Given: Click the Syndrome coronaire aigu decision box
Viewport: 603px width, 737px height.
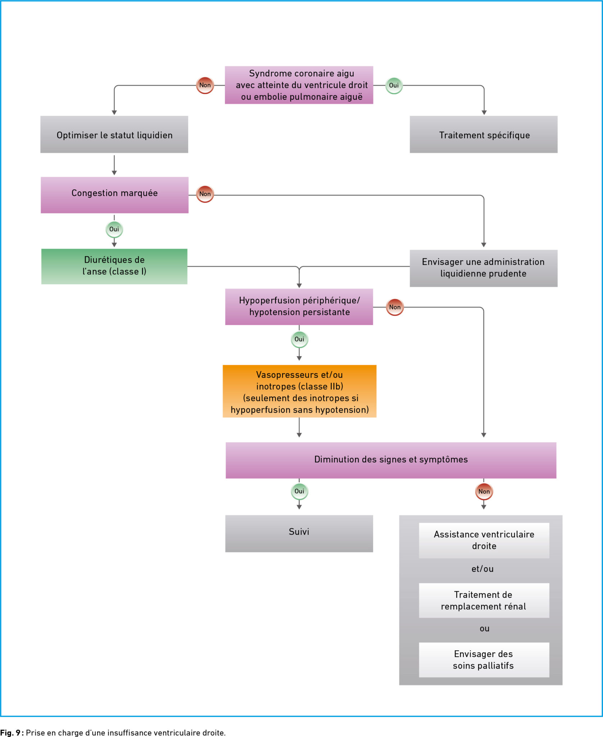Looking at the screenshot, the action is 299,85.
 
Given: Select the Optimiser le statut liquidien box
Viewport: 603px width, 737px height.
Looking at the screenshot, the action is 114,135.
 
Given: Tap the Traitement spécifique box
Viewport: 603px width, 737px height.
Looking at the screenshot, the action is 484,135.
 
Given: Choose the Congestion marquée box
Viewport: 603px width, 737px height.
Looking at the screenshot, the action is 114,195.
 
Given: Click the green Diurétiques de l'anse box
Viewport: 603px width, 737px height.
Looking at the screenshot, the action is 114,267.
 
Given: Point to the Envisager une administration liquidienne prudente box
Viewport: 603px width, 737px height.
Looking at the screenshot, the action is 484,268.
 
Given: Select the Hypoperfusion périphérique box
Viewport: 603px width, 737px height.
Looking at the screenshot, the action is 299,307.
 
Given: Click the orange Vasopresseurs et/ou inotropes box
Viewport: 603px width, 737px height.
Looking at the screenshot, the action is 300,392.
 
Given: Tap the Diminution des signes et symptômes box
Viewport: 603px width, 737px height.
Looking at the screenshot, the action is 391,460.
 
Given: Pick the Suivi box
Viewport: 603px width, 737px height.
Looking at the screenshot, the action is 299,534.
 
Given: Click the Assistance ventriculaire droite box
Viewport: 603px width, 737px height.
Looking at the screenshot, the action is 484,541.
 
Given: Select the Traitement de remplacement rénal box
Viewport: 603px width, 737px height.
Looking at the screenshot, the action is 484,601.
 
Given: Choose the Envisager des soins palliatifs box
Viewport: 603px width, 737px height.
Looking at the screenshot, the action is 484,660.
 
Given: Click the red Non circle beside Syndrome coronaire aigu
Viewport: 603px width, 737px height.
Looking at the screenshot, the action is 205,85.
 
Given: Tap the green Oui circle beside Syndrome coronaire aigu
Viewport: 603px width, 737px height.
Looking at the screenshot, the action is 394,86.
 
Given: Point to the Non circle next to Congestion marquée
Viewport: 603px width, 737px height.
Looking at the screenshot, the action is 205,194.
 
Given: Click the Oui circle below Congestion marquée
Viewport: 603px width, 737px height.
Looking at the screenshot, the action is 114,230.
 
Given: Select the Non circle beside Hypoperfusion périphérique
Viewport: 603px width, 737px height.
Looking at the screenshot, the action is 395,307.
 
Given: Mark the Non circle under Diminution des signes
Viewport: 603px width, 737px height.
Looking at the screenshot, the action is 484,492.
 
